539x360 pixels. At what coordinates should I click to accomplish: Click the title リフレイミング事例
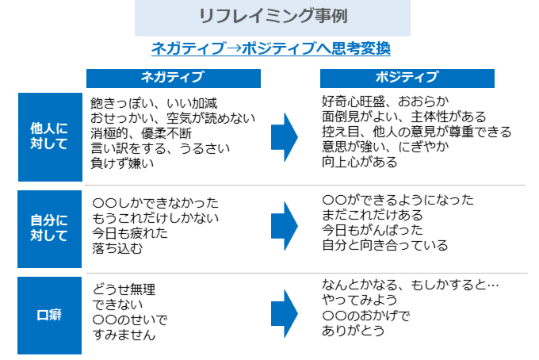(x=272, y=17)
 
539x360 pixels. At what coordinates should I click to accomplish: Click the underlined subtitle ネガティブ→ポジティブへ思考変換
(x=271, y=48)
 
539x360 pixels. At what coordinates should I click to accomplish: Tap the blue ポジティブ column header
(x=407, y=77)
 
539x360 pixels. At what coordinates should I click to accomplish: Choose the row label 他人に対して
(x=48, y=136)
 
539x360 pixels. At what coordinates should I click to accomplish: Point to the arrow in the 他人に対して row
(x=285, y=137)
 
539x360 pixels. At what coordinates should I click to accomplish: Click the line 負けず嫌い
(x=123, y=163)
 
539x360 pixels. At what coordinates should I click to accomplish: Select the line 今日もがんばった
(x=372, y=230)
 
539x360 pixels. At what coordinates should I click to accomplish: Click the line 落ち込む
(x=117, y=247)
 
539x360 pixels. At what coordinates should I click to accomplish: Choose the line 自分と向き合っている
(x=385, y=245)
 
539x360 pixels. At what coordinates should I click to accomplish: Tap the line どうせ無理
(x=123, y=289)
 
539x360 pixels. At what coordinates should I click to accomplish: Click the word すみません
(x=123, y=335)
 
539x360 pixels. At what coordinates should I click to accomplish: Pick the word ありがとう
(x=354, y=331)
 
